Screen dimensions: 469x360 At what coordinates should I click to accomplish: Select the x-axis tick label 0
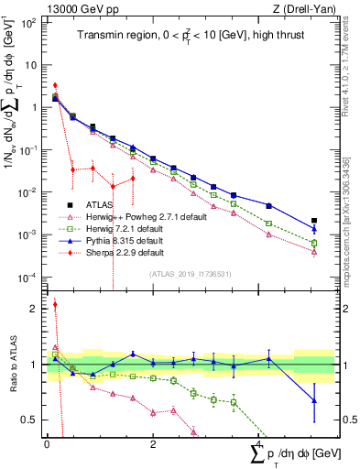pyautogui.click(x=47, y=443)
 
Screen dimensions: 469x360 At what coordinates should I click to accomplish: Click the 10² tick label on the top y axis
pyautogui.click(x=28, y=22)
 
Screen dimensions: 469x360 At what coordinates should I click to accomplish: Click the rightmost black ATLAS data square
pyautogui.click(x=314, y=221)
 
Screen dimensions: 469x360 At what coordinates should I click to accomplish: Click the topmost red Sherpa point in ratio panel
pyautogui.click(x=55, y=305)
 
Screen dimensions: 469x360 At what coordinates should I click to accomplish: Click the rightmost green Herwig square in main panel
pyautogui.click(x=314, y=243)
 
